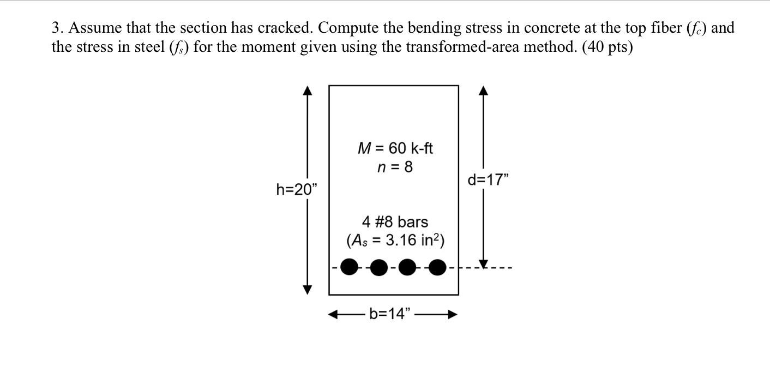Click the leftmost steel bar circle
(350, 267)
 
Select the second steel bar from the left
(378, 267)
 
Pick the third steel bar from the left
(407, 267)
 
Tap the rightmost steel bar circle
(437, 267)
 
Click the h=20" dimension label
(296, 189)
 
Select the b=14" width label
(389, 314)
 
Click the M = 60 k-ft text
(395, 148)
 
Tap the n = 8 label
(395, 167)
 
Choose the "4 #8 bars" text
(395, 222)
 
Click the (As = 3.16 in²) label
(395, 240)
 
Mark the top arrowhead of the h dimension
(308, 90)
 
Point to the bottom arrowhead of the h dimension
(308, 289)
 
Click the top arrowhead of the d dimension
(483, 90)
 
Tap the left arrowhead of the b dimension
(333, 314)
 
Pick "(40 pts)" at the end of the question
(607, 47)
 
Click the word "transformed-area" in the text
(450, 47)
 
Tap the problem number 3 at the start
(55, 28)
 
